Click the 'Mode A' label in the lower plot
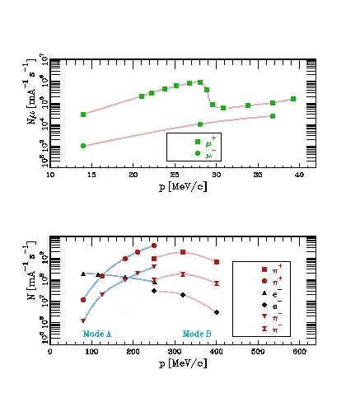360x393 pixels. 97,334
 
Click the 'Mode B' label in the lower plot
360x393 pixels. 196,334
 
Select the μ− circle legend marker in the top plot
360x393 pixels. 197,153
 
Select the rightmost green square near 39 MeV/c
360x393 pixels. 293,99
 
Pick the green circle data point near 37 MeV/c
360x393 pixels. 273,116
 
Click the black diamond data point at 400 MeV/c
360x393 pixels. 216,312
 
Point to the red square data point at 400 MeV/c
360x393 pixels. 217,262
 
